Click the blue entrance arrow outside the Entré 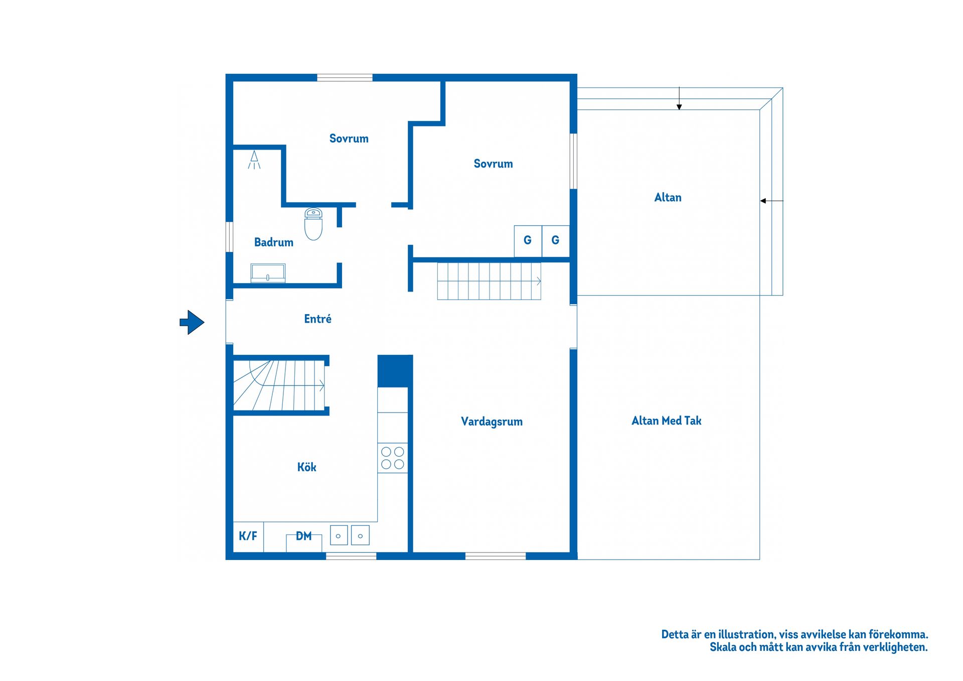[192, 322]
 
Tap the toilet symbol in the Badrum [313, 224]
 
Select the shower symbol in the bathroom [254, 160]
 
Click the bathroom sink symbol [268, 273]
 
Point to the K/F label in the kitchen [248, 536]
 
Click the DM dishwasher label [303, 536]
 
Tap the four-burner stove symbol [393, 458]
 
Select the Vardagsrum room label [492, 422]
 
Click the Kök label [306, 467]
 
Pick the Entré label [317, 319]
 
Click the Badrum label [273, 242]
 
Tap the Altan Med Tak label [666, 421]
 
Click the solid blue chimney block [395, 371]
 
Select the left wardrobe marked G [528, 241]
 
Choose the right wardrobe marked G [556, 241]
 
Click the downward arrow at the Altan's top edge [679, 98]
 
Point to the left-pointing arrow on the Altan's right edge [771, 201]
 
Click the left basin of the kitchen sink [339, 535]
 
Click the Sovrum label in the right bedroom [493, 164]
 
